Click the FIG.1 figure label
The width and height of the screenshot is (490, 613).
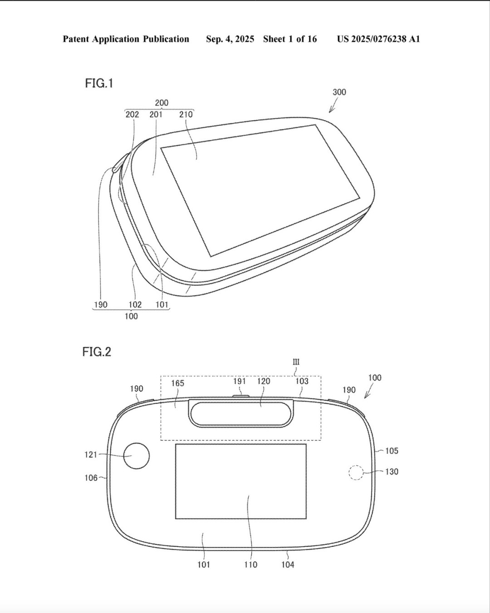pyautogui.click(x=99, y=83)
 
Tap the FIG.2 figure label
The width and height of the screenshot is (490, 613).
pyautogui.click(x=97, y=352)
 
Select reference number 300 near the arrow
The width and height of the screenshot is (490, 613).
pyautogui.click(x=339, y=92)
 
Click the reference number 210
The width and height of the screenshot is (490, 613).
pyautogui.click(x=186, y=114)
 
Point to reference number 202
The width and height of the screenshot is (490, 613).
pyautogui.click(x=132, y=114)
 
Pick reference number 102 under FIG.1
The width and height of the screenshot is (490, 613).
pyautogui.click(x=135, y=304)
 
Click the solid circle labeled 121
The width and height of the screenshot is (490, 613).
pyautogui.click(x=137, y=456)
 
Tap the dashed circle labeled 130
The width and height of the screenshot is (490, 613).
pyautogui.click(x=356, y=473)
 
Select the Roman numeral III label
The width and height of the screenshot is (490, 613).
pyautogui.click(x=296, y=362)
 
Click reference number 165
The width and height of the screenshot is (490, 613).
pyautogui.click(x=177, y=383)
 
